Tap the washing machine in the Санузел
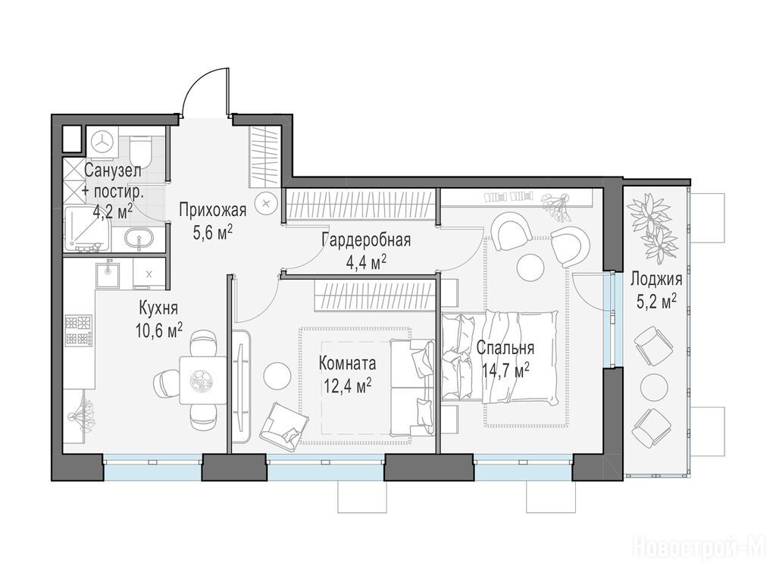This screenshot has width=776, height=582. [x=102, y=142]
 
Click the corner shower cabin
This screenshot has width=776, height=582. [x=87, y=228]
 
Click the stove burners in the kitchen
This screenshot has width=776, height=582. [x=78, y=330]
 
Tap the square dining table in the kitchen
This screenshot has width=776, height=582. [x=203, y=380]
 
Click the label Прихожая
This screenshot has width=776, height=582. [x=212, y=210]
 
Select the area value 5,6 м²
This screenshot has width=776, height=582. [x=213, y=232]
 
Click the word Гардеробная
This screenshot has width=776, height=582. [x=366, y=240]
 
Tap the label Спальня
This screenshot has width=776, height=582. [x=505, y=348]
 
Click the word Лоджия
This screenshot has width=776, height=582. [x=656, y=280]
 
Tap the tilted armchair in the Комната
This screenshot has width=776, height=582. [x=285, y=427]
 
